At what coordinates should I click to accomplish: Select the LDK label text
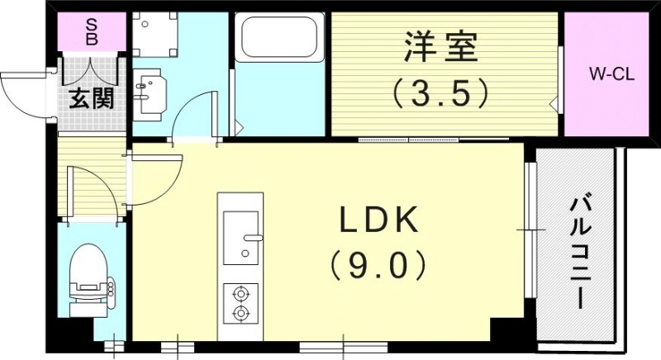380,220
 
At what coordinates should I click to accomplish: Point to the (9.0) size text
380,266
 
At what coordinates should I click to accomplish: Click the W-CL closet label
611,73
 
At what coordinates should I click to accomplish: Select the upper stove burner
240,292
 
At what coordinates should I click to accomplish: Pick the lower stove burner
240,313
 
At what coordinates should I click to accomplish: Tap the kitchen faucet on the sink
251,237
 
